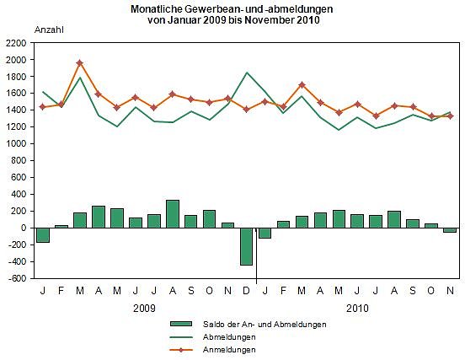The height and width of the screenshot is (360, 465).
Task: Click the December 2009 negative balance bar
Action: (x=246, y=246)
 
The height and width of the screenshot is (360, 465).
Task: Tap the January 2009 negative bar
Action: (x=42, y=234)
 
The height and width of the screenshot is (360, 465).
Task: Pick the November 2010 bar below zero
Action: (x=449, y=229)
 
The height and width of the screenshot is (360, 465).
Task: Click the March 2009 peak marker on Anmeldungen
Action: (x=79, y=63)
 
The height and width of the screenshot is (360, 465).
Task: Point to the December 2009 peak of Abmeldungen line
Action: (x=246, y=73)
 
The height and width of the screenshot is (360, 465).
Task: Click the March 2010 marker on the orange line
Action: (x=302, y=84)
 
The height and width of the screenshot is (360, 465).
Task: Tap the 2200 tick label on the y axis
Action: (x=16, y=42)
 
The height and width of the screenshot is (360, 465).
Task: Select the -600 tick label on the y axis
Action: (x=17, y=278)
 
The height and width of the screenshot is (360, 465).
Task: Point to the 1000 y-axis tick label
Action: (x=16, y=143)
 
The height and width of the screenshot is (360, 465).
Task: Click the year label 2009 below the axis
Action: (x=145, y=308)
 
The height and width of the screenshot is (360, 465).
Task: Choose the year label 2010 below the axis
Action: (x=356, y=308)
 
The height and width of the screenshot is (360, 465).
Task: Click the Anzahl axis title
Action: (x=48, y=30)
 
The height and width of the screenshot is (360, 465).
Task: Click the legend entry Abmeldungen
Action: (x=227, y=336)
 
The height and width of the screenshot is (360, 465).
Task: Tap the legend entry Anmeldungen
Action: (x=227, y=348)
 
